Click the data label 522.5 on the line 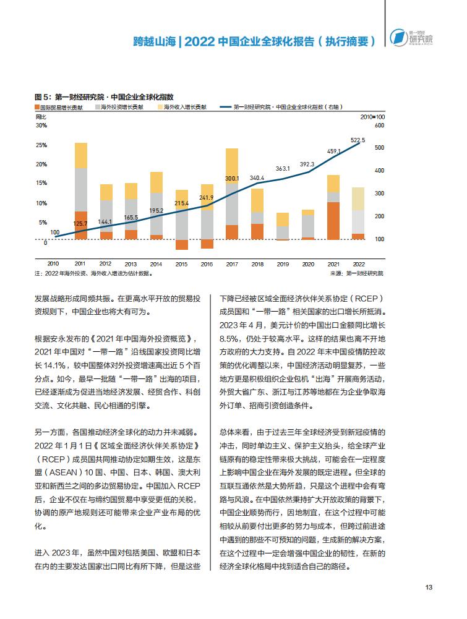358,140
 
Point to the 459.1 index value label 334,152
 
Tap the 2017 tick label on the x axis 232,264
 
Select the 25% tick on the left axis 41,145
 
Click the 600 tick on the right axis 379,126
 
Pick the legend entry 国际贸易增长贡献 59,108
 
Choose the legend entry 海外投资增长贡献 119,108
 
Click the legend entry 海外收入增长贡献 182,108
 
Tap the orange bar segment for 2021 333,221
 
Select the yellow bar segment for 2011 81,156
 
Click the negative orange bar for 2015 182,245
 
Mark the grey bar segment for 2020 308,226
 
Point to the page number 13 429,587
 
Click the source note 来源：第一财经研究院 357,273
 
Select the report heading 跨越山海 154,41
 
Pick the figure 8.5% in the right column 229,339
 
